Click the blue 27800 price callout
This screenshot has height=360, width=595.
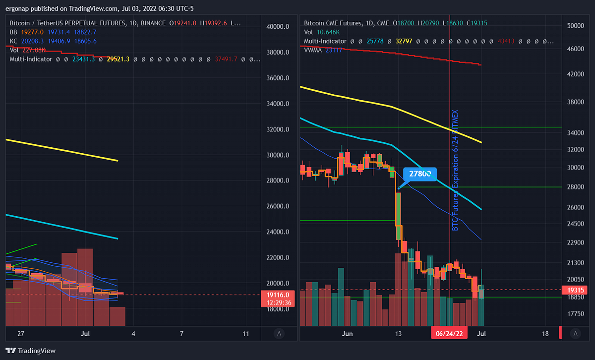420,174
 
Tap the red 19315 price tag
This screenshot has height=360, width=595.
575,290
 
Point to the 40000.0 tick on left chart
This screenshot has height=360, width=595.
278,27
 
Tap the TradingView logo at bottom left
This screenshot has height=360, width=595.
31,351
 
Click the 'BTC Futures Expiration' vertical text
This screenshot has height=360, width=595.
455,171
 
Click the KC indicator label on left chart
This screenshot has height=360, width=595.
13,41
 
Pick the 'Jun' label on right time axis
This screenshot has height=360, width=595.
347,334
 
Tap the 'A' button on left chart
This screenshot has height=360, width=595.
280,334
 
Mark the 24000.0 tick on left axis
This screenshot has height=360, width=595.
278,232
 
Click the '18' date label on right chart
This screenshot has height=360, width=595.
545,334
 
